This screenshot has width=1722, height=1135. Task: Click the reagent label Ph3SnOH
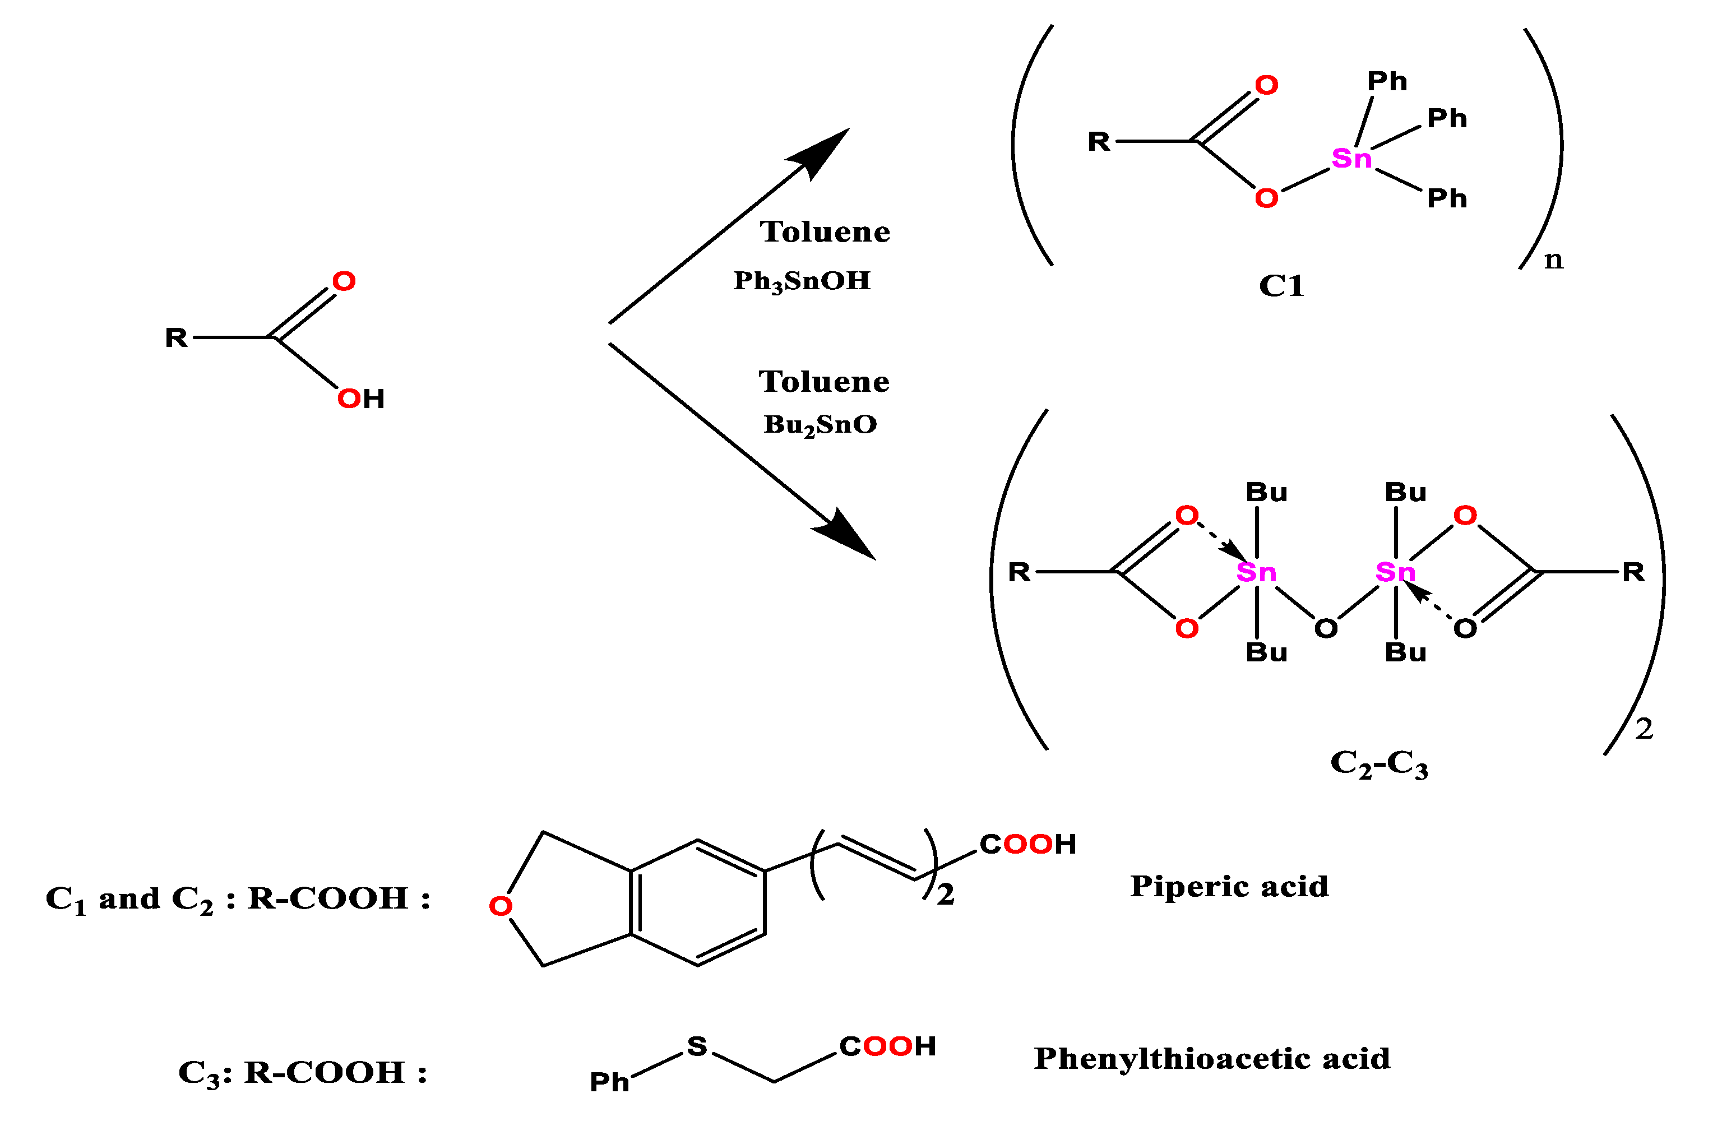pyautogui.click(x=801, y=281)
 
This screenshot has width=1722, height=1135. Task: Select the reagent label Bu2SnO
pyautogui.click(x=820, y=425)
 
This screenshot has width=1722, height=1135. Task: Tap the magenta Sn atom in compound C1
pyautogui.click(x=1351, y=158)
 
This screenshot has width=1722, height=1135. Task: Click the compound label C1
pyautogui.click(x=1281, y=286)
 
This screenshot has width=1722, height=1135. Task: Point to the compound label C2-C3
pyautogui.click(x=1378, y=763)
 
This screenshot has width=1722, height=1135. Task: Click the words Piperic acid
pyautogui.click(x=1229, y=886)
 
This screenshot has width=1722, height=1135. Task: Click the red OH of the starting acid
pyautogui.click(x=360, y=398)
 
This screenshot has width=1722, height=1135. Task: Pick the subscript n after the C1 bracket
pyautogui.click(x=1553, y=259)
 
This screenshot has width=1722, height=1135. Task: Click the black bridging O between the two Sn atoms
pyautogui.click(x=1325, y=628)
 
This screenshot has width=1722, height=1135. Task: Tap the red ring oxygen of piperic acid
pyautogui.click(x=500, y=906)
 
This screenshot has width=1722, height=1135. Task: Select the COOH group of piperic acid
pyautogui.click(x=1027, y=844)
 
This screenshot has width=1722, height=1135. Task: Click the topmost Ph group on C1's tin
pyautogui.click(x=1387, y=81)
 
